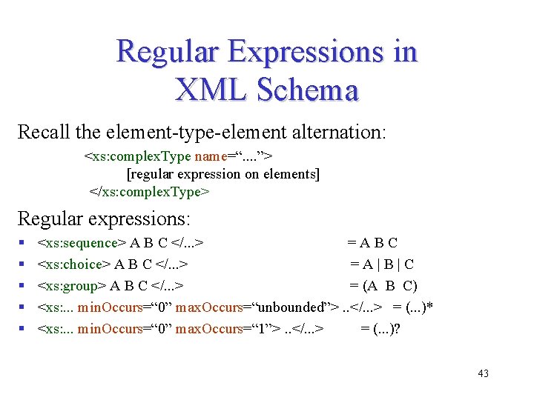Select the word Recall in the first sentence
[x=43, y=133]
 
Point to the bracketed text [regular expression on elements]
[x=223, y=174]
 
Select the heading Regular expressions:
[x=104, y=219]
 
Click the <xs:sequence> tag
[x=82, y=243]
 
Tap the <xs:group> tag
[x=72, y=286]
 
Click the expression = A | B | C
[x=382, y=264]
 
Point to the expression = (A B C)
[x=383, y=286]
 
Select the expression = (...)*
[x=418, y=307]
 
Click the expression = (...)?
[x=380, y=329]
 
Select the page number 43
[x=483, y=373]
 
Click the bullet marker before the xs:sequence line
[x=23, y=243]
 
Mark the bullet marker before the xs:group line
[x=23, y=286]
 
